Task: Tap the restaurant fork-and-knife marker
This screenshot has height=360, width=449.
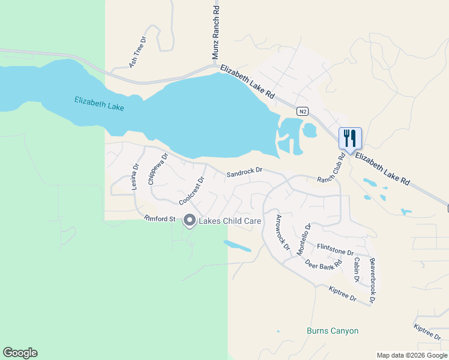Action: click(x=349, y=139)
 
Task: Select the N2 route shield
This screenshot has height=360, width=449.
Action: click(x=303, y=112)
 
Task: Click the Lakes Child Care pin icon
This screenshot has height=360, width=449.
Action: click(x=190, y=221)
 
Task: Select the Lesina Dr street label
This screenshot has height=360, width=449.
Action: click(x=135, y=177)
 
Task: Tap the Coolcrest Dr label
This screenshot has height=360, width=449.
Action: click(x=192, y=190)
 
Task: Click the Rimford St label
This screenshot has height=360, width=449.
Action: click(x=159, y=219)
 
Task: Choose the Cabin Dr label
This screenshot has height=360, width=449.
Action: click(x=357, y=270)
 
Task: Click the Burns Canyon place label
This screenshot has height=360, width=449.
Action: click(x=332, y=331)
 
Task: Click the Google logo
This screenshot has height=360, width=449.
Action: click(x=20, y=353)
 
